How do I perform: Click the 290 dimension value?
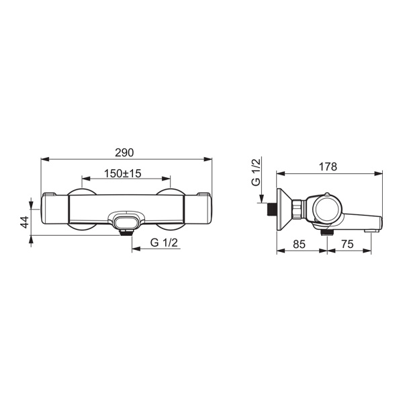click(124, 152)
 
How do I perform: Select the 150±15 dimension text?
click(123, 173)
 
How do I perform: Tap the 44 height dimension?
click(24, 222)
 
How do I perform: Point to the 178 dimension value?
click(328, 167)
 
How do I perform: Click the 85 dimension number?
click(299, 244)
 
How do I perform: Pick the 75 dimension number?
click(347, 244)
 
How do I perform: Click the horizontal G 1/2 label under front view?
click(164, 242)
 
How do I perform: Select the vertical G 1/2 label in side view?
click(256, 172)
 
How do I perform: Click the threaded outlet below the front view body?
click(126, 232)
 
